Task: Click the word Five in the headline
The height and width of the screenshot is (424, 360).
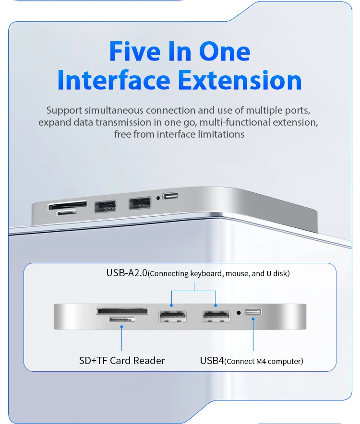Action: (x=135, y=51)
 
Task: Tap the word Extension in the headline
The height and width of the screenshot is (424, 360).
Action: (x=240, y=80)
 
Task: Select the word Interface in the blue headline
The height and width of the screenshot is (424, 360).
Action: (x=114, y=80)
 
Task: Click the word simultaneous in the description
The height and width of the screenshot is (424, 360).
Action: (x=114, y=110)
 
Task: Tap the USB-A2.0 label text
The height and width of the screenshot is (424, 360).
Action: (x=127, y=273)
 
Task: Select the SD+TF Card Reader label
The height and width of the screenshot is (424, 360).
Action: (x=122, y=361)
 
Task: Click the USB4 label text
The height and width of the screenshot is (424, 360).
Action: (x=212, y=361)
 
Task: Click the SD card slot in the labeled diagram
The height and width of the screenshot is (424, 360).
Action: (x=122, y=311)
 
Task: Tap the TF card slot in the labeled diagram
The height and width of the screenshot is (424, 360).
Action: (x=122, y=319)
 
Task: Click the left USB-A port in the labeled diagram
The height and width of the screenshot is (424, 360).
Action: (x=172, y=317)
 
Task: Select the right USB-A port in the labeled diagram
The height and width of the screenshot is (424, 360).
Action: (x=216, y=317)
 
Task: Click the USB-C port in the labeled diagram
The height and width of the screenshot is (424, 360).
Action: (x=253, y=312)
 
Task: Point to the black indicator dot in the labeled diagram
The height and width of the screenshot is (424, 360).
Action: (x=239, y=313)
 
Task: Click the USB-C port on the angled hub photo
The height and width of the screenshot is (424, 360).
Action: (x=170, y=196)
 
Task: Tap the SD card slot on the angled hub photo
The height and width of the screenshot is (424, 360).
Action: (x=67, y=205)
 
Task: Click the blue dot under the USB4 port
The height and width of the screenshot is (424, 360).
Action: (x=253, y=319)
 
